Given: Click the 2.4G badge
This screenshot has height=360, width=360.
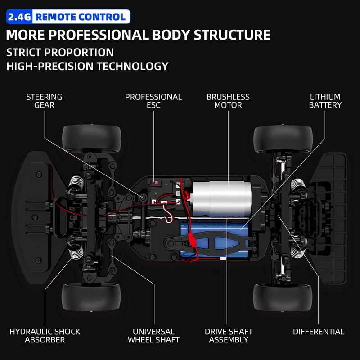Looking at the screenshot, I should click(x=19, y=17).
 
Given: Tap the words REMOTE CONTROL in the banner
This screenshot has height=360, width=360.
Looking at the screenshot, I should click(x=80, y=17).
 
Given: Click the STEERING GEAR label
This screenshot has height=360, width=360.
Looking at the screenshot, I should click(x=44, y=101).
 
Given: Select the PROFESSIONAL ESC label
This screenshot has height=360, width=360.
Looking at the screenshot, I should click(x=153, y=101).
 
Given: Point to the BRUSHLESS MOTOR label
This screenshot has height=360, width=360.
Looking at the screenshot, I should click(x=228, y=101).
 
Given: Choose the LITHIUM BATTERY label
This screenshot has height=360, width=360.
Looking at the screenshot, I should click(x=325, y=101).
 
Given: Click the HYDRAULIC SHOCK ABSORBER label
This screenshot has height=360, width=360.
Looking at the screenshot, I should click(x=45, y=336).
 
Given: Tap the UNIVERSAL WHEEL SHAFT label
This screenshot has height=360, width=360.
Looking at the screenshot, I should click(x=153, y=336).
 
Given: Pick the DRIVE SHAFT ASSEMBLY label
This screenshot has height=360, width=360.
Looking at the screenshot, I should click(x=229, y=336).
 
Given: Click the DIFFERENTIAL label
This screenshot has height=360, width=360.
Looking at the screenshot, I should click(x=319, y=332).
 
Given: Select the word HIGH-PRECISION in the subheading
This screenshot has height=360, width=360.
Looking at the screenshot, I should click(x=47, y=66).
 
